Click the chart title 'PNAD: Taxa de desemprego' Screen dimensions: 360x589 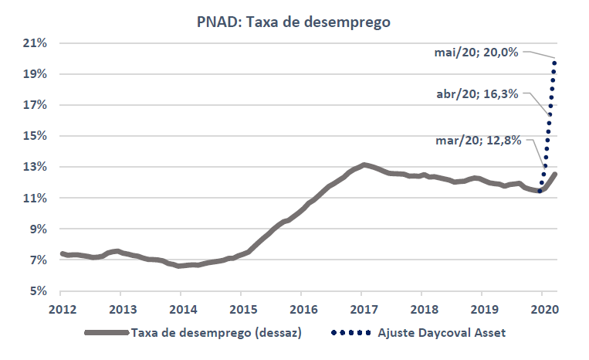point(293,22)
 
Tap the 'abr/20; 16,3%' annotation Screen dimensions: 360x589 point(479,96)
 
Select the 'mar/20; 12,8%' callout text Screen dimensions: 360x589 point(479,141)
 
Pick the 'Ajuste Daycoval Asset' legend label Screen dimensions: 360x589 point(441,333)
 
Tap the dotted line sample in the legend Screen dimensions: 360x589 point(351,333)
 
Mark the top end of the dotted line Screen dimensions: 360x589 point(555,59)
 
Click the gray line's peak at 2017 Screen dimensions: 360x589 point(363,165)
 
